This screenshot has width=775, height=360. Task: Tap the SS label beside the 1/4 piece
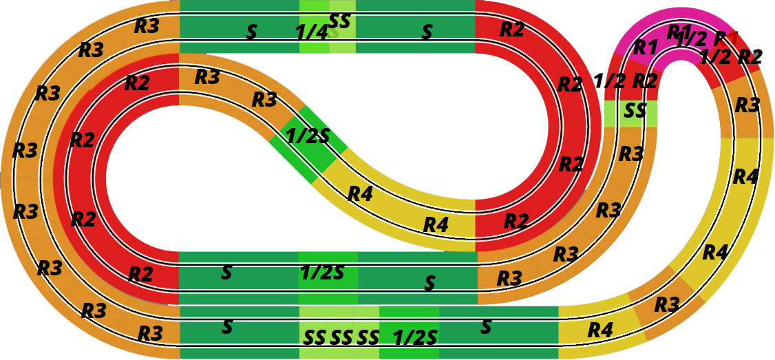click(x=340, y=21)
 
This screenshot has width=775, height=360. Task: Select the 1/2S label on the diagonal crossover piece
click(x=308, y=136)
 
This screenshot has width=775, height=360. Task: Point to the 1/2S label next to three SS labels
click(x=415, y=338)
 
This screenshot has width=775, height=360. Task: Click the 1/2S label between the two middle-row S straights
click(x=321, y=273)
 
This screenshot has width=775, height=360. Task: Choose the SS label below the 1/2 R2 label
click(x=635, y=110)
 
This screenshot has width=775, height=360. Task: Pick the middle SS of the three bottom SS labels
click(x=341, y=338)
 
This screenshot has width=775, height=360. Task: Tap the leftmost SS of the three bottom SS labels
click(x=315, y=338)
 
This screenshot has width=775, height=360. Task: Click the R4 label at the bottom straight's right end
click(x=600, y=330)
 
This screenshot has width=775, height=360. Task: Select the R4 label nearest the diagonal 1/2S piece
click(x=360, y=195)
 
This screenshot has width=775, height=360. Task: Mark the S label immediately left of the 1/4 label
click(x=251, y=32)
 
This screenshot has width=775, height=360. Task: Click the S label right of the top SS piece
click(x=427, y=32)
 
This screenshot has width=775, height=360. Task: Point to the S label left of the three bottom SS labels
click(x=226, y=326)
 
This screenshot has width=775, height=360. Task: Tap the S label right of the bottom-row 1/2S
click(x=486, y=327)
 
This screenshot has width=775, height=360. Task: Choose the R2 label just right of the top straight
click(x=512, y=30)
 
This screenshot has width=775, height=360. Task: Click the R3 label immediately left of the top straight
click(x=147, y=26)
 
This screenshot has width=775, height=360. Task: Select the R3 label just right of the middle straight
click(x=509, y=279)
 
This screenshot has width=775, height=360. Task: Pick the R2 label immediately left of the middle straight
click(x=140, y=275)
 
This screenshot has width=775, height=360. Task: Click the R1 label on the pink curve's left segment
click(x=645, y=47)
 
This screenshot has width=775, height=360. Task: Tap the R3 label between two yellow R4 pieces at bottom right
click(x=666, y=304)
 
